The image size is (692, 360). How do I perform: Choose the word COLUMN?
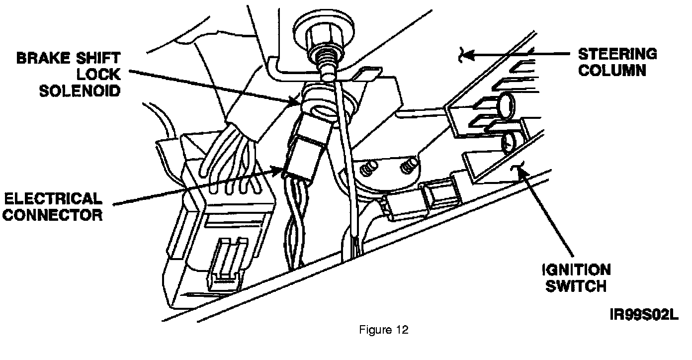click(x=612, y=70)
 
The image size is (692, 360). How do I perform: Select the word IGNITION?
click(x=576, y=270)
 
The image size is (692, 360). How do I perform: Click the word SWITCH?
click(x=576, y=286)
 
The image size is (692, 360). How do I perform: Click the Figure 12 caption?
click(x=384, y=330)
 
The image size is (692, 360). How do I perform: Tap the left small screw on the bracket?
click(x=368, y=169)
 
